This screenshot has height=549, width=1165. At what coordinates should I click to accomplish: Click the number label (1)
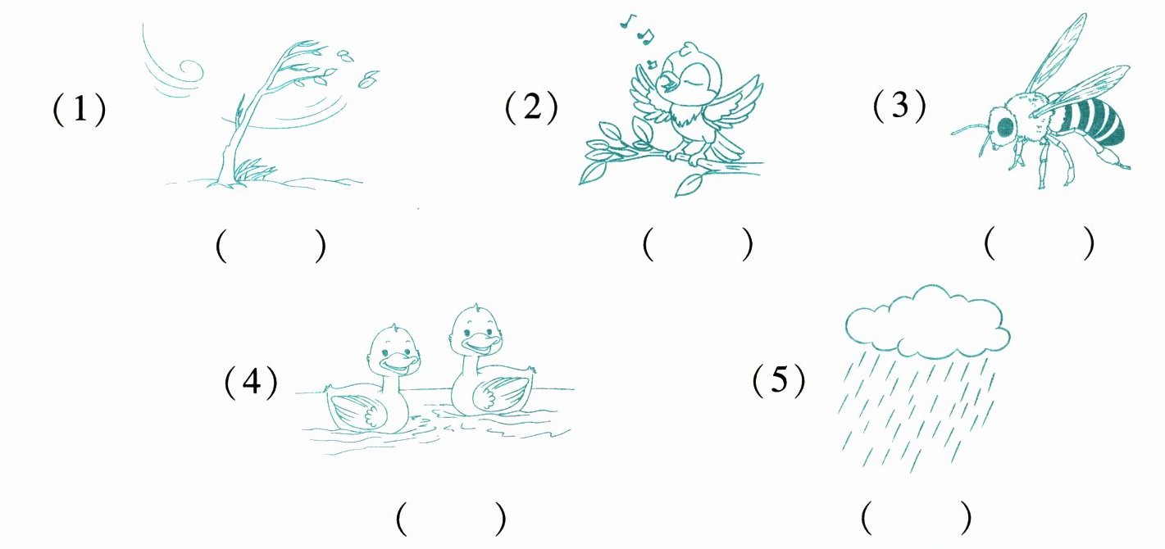pos(79,110)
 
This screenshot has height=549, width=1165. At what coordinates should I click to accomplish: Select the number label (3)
pos(899,106)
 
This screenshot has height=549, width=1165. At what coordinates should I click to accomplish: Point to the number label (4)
pos(251,383)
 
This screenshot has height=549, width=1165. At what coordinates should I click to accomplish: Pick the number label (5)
pos(779,380)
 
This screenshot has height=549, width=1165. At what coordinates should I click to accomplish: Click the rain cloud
pos(927,322)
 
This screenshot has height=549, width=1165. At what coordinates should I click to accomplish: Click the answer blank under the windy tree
pos(271,245)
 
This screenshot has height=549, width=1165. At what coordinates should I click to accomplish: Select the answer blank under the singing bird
pos(698,243)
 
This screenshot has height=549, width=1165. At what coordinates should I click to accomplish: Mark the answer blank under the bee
pos(1039,243)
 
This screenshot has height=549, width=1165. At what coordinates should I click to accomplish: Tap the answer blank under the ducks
pos(451,519)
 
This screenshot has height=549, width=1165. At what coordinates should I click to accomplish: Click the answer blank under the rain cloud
pos(916,517)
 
